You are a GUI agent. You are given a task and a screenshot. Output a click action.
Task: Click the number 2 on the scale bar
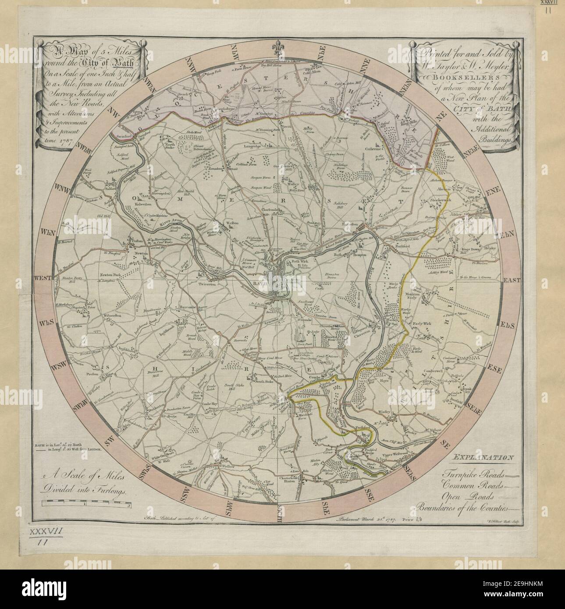tap(128, 505)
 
